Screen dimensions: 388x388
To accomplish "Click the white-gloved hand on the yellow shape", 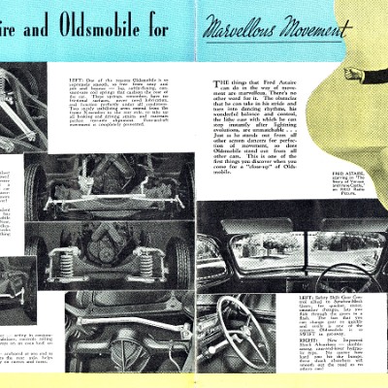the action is [353, 73].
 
